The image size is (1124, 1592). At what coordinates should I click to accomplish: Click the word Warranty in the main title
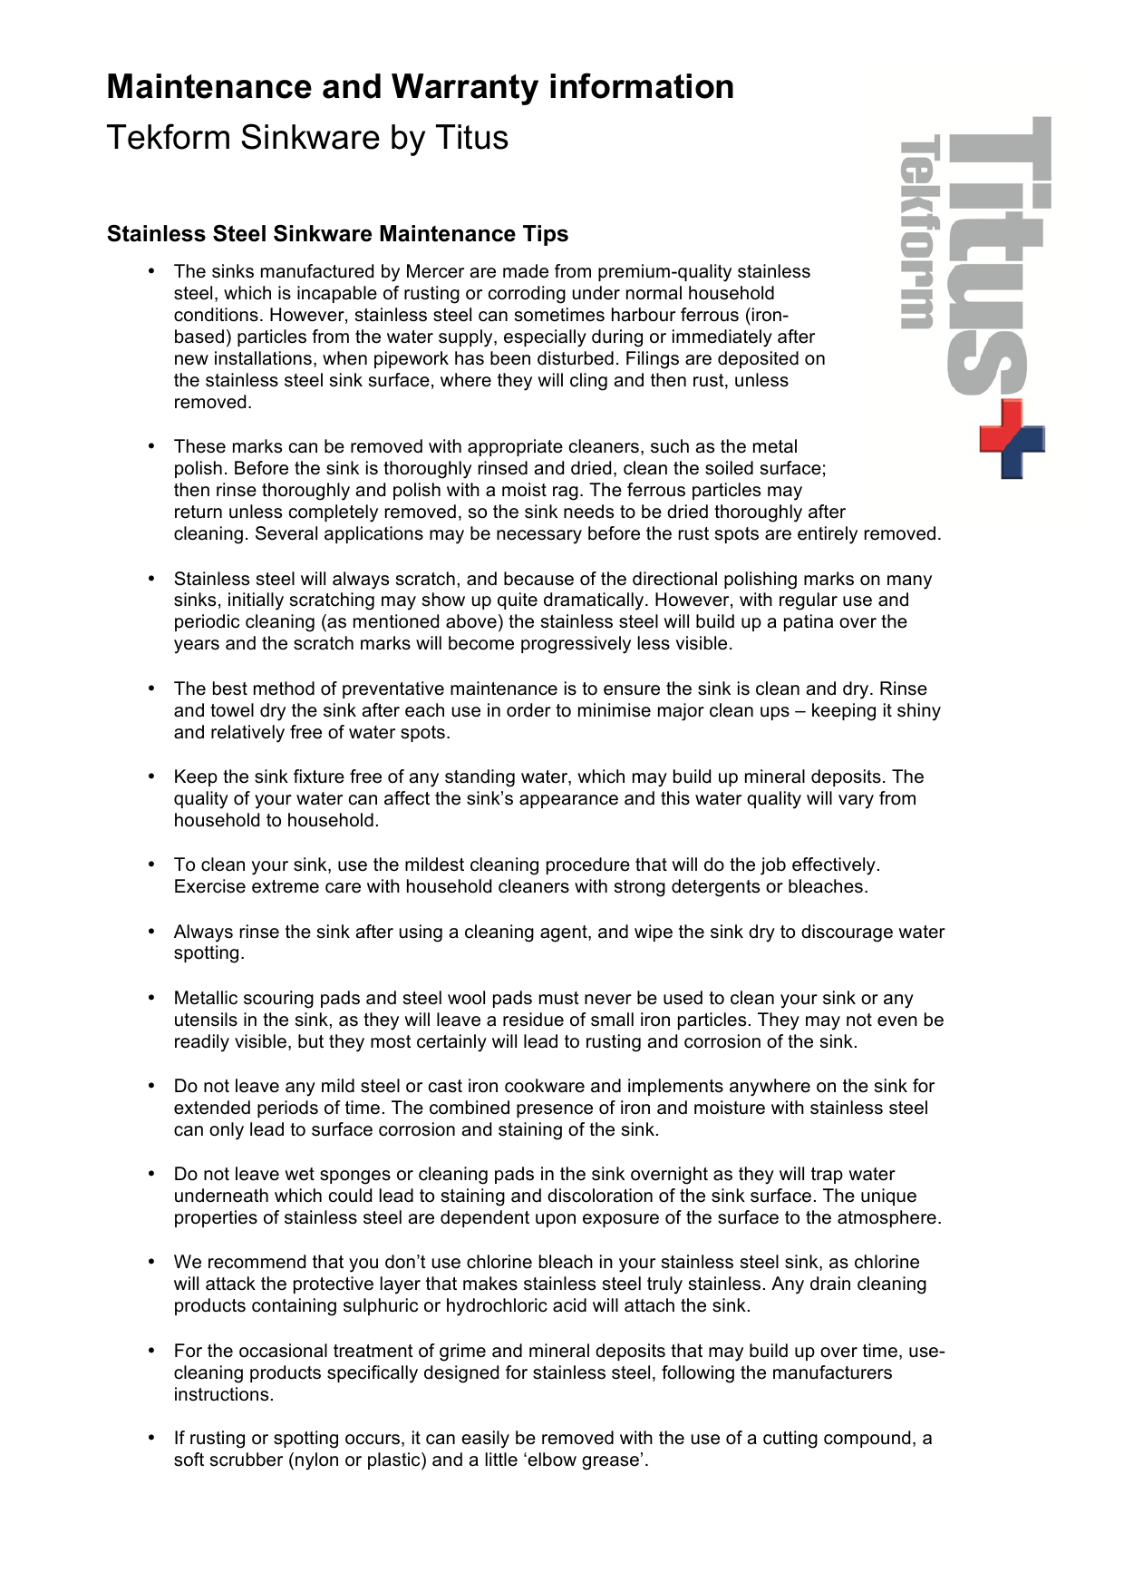click(465, 87)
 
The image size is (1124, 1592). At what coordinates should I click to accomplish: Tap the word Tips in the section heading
click(545, 234)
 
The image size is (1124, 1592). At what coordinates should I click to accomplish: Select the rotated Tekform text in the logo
click(917, 232)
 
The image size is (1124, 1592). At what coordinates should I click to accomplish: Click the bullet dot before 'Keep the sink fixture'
click(151, 776)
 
